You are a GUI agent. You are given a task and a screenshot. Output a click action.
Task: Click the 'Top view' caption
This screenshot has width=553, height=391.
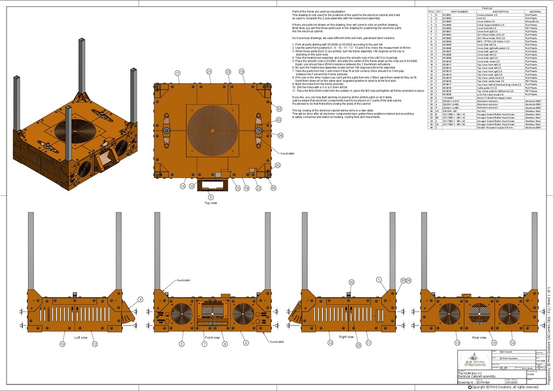coord(211,203)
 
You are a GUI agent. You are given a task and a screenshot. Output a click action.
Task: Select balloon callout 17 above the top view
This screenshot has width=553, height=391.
coord(177,72)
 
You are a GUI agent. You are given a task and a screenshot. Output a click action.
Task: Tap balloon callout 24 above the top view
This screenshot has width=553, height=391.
coord(228,71)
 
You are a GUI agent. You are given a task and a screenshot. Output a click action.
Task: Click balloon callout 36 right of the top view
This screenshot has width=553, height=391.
coord(280,135)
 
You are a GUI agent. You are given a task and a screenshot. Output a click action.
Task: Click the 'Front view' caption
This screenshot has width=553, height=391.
coord(212,337)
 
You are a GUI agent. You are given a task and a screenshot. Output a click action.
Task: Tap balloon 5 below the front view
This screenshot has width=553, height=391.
coord(181,344)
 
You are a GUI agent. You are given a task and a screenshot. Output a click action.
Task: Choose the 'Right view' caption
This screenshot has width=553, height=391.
coord(346,337)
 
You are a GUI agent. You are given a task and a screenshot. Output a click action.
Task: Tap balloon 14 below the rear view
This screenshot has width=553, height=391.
coord(512,343)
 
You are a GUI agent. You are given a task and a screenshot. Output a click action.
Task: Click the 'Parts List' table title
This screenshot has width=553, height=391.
coord(487,9)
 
